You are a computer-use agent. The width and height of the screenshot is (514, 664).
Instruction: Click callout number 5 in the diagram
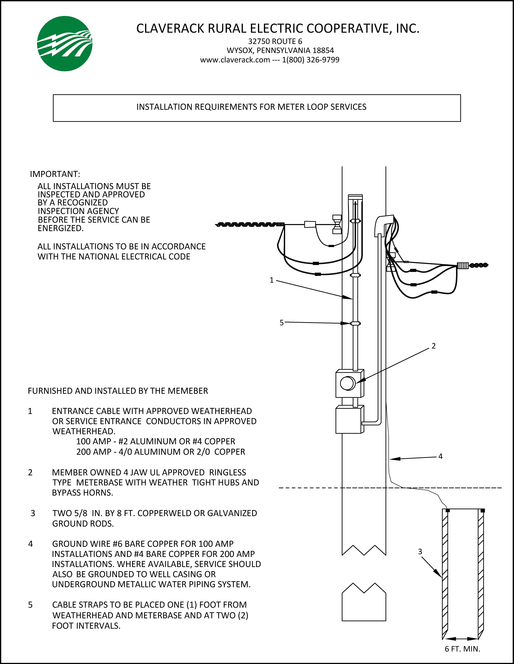click(281, 323)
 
